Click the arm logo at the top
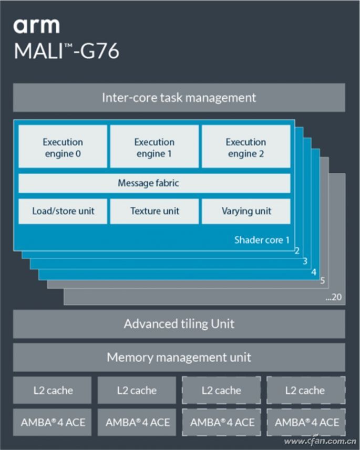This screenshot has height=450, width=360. point(36,26)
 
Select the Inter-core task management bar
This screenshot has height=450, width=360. point(179,98)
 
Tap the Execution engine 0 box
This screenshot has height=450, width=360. point(63,148)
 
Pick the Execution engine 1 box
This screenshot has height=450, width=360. point(154,148)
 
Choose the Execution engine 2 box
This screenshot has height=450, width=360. point(245,148)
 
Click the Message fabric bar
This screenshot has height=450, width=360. point(154,183)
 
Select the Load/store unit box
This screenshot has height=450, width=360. point(63,211)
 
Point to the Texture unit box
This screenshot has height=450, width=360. point(154,211)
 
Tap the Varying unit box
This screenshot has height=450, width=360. point(245,211)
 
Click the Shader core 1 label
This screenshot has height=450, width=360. point(262,240)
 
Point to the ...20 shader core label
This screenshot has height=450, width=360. point(333,297)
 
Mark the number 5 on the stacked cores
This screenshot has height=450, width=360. point(323,281)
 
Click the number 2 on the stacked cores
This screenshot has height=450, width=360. point(297,251)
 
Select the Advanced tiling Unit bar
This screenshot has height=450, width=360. point(179,323)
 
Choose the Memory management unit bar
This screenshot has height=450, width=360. point(179,358)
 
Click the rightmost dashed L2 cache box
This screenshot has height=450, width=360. point(305,390)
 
